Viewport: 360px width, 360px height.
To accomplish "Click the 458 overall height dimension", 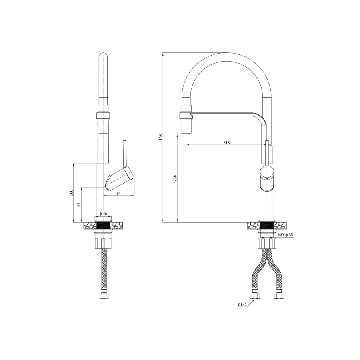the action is pyautogui.click(x=161, y=137).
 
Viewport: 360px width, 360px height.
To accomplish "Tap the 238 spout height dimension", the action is pyautogui.click(x=176, y=178).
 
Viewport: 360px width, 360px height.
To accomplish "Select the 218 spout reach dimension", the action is pyautogui.click(x=226, y=142).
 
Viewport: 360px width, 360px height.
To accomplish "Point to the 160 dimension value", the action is pyautogui.click(x=71, y=192).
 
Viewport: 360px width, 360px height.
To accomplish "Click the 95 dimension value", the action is pyautogui.click(x=79, y=204).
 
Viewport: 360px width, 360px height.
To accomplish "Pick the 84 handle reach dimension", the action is pyautogui.click(x=118, y=193).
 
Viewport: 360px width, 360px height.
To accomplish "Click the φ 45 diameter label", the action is pyautogui.click(x=103, y=214).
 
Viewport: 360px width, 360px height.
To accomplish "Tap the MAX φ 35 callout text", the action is pyautogui.click(x=285, y=235).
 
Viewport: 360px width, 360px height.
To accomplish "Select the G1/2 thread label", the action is pyautogui.click(x=242, y=305).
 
